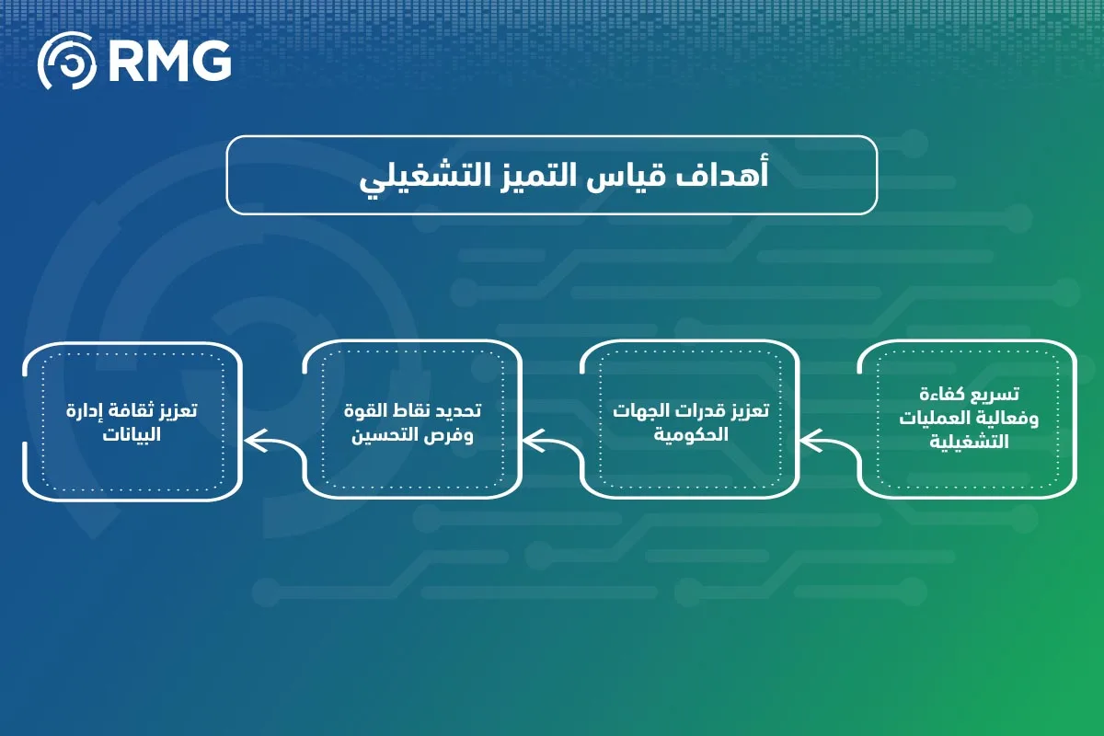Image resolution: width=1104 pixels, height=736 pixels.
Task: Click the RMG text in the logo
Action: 168,63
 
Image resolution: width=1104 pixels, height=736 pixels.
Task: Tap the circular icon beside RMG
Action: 66,63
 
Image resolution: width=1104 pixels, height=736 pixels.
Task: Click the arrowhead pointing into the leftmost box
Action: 252,443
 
